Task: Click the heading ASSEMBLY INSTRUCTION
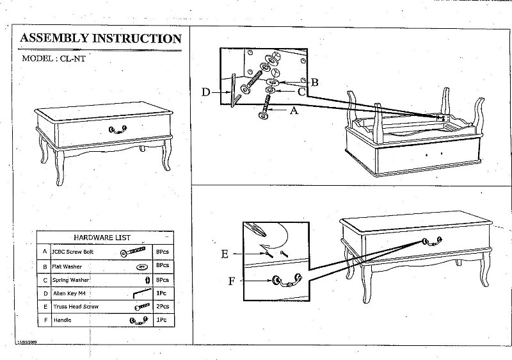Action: (100, 38)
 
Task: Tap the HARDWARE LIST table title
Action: (102, 238)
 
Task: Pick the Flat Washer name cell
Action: (67, 266)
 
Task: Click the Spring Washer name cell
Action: (70, 280)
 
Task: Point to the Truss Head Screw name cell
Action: (76, 307)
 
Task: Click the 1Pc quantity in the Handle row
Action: (161, 320)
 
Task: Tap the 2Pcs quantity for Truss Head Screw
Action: (162, 307)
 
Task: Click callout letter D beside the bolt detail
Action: (205, 92)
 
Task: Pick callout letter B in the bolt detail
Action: (314, 82)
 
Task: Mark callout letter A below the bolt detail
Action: (294, 110)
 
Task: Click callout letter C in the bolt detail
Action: (302, 92)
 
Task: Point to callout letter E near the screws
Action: (225, 254)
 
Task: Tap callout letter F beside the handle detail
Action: (232, 280)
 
